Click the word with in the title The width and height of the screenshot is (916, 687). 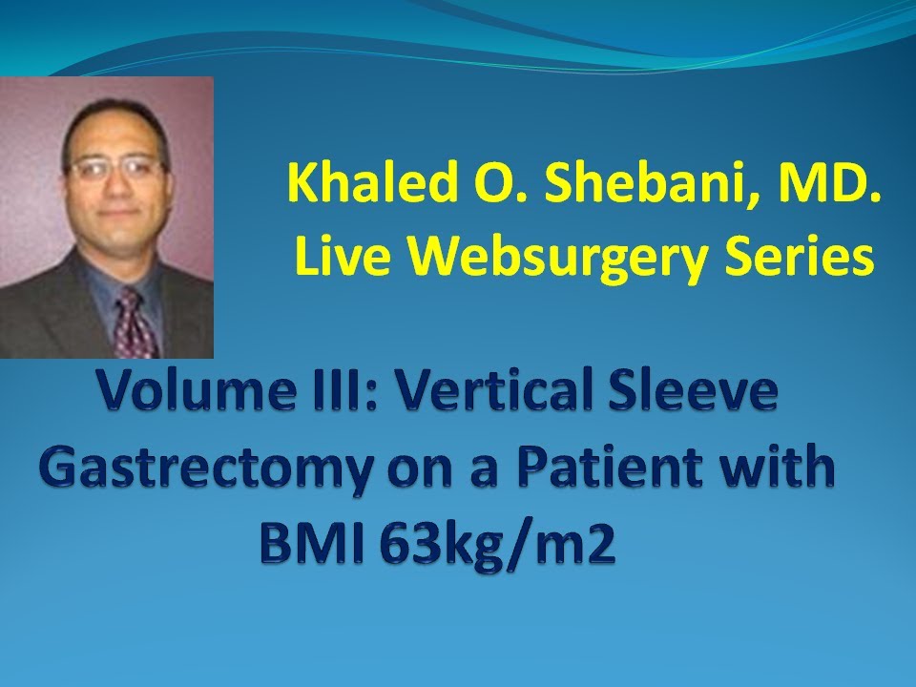tap(786, 469)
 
